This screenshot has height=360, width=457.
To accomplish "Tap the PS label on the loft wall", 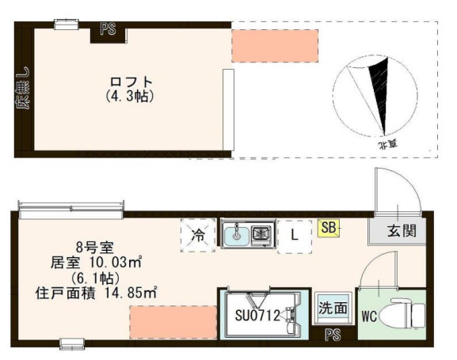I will [x=108, y=31].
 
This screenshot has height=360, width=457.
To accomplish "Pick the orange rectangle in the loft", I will [x=274, y=46].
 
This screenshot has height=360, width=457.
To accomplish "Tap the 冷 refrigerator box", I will [x=197, y=235].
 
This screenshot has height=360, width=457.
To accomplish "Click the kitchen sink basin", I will [x=235, y=234].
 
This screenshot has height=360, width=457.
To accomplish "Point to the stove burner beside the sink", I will [x=261, y=234].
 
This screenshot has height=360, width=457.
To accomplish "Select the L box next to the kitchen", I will [x=294, y=235].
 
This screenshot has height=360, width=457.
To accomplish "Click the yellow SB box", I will [x=329, y=229].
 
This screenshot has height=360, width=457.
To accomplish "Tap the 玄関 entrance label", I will [x=399, y=232].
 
